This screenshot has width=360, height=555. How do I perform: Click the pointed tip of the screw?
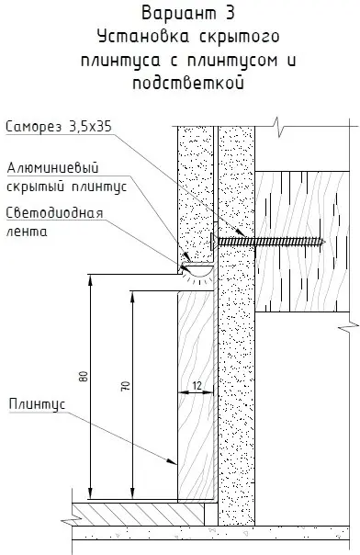point(325,241)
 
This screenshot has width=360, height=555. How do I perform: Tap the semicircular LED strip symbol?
point(196,270)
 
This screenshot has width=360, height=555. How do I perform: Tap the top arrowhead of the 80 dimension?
point(91,278)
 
